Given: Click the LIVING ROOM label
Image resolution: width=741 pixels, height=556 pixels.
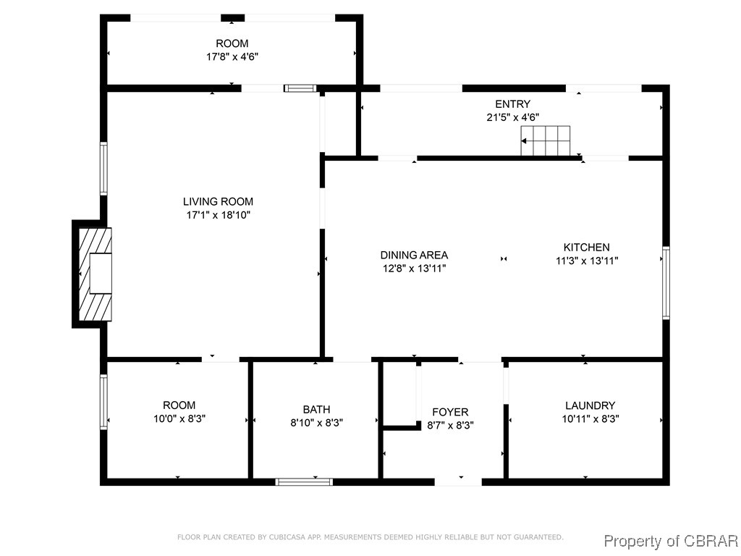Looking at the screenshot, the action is tap(218, 202).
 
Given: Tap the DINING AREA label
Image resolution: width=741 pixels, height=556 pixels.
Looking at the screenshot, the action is tap(414, 256).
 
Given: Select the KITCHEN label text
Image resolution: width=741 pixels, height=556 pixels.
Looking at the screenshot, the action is tap(586, 248).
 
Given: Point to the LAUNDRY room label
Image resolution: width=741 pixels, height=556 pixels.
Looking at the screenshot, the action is tap(590, 405).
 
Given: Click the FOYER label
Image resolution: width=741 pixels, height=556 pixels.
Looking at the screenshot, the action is tap(450, 412).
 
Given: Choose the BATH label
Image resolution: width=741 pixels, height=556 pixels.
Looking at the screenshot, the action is tap(317, 410).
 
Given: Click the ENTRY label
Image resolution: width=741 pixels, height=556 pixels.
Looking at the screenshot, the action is tap(513, 104).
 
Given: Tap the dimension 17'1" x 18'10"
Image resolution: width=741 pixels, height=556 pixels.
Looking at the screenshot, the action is tap(218, 215).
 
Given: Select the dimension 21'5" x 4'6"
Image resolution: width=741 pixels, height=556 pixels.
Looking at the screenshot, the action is tap(513, 117).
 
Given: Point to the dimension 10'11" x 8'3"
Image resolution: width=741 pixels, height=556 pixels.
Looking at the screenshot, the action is tap(590, 419).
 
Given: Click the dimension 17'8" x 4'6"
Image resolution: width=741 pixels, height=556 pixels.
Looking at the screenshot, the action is tap(232, 56).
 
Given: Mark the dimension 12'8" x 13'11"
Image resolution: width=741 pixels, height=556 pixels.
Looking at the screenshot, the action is tap(414, 269).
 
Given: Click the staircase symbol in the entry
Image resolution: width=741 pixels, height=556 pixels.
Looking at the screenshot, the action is tap(546, 140).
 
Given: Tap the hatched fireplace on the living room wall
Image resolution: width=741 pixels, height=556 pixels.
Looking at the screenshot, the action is tap(95, 274).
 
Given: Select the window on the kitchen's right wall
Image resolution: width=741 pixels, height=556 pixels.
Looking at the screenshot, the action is tap(666, 283).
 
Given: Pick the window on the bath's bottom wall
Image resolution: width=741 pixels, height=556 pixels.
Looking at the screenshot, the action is tap(304, 482).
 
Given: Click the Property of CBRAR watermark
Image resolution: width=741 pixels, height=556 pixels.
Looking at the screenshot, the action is tap(671, 541).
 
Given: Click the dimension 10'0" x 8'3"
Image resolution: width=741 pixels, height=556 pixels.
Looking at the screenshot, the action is tap(179, 419).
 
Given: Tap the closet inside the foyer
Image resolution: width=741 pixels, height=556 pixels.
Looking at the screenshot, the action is tap(399, 394).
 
